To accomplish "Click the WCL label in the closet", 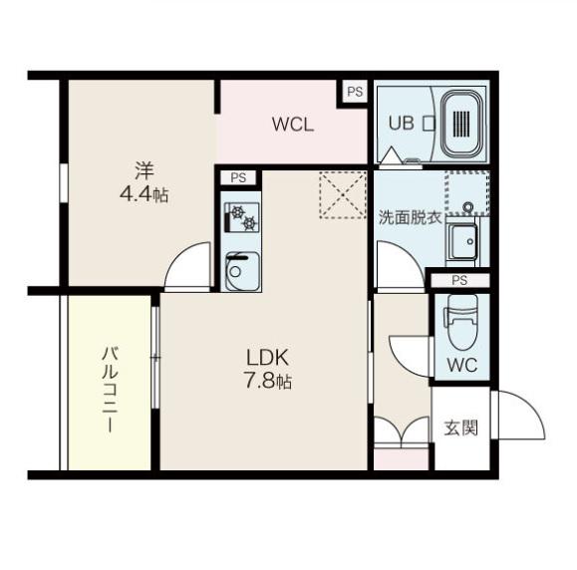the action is (x=293, y=125).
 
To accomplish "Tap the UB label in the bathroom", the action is (x=401, y=123).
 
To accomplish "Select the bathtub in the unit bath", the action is (x=461, y=124).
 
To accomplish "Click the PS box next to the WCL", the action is (x=355, y=92).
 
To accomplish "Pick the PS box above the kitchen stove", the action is (x=238, y=177).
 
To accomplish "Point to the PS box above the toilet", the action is (x=460, y=280).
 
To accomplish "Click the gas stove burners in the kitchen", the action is (x=242, y=217).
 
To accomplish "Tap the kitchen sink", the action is (x=242, y=270).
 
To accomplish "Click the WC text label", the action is (x=462, y=365).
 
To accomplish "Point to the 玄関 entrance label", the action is (x=460, y=427).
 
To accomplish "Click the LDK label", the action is (x=267, y=358).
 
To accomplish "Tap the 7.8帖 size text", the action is (x=268, y=381).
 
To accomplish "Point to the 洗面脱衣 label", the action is (x=411, y=218).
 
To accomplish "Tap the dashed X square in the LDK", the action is (x=343, y=195).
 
